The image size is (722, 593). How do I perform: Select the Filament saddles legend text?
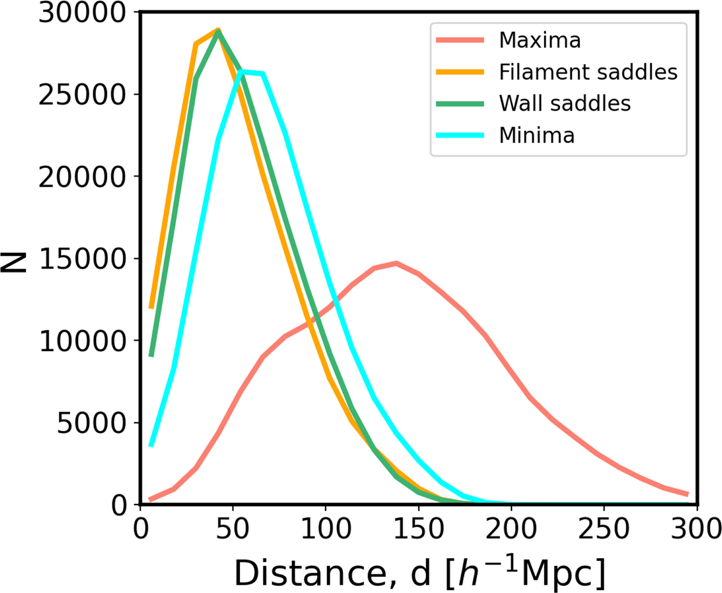588,73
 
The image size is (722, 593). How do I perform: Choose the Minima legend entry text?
537,135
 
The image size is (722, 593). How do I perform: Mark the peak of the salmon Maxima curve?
396,262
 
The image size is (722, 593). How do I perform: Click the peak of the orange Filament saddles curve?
218,29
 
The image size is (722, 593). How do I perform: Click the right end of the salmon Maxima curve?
687,494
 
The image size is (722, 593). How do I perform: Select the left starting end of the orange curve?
152,307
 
